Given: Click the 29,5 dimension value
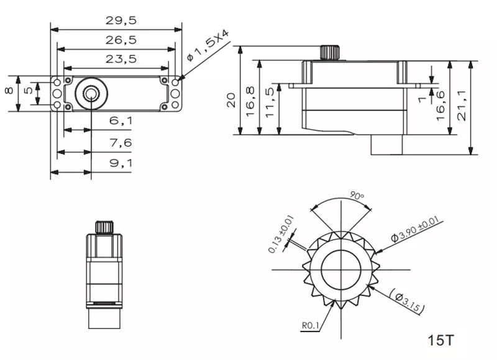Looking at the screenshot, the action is (x=121, y=20).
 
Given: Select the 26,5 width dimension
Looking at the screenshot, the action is (x=121, y=40).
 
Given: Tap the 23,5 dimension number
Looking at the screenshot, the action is (x=121, y=59).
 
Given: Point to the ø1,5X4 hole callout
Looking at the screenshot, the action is (x=208, y=45).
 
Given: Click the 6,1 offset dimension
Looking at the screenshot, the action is (x=121, y=120).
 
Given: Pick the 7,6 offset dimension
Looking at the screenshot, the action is (x=121, y=143).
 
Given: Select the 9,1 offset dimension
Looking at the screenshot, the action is (x=121, y=163).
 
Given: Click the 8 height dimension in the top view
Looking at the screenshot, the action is (x=9, y=91).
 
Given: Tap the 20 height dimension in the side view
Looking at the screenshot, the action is (x=231, y=100).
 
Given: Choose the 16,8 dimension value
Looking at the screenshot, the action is (x=250, y=101).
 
